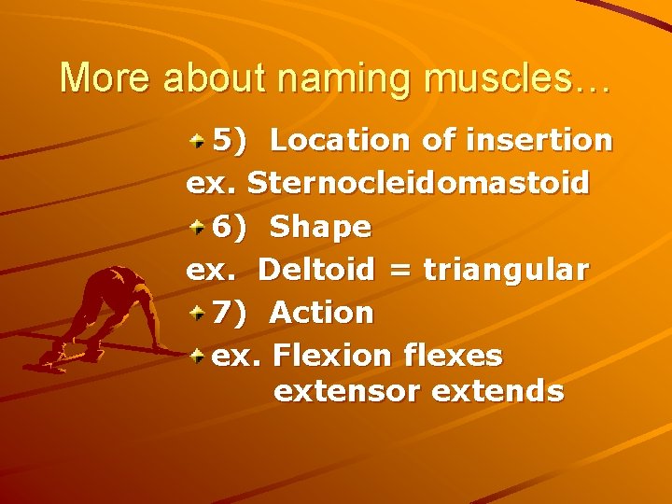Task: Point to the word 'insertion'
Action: click(547, 140)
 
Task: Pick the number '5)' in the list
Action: click(231, 141)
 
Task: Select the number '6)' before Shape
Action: click(231, 227)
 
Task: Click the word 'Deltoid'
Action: click(316, 270)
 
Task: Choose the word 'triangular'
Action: click(506, 271)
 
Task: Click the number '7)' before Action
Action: click(231, 313)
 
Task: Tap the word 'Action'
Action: click(321, 313)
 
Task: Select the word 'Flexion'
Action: click(333, 356)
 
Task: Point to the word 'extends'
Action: click(497, 391)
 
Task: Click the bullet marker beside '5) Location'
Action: click(198, 141)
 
